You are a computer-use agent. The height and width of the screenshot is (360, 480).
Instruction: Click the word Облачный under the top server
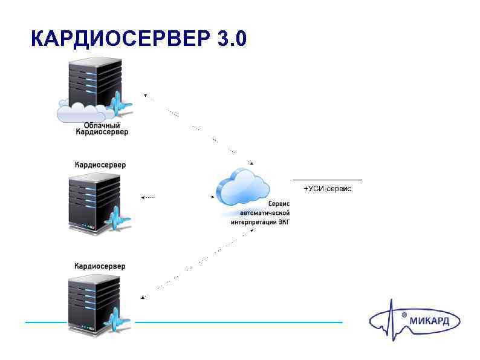102,125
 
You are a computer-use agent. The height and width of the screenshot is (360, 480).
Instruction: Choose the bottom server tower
94,303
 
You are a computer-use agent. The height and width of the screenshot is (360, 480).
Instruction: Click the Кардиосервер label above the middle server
100,165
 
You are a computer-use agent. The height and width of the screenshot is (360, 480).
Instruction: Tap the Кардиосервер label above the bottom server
100,266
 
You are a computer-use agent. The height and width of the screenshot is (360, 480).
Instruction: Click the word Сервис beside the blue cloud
279,205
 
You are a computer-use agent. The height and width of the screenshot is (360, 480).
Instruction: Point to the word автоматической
265,213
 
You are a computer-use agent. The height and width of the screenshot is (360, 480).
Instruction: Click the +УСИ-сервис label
327,189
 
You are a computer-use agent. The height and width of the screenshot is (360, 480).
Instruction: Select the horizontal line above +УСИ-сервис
327,180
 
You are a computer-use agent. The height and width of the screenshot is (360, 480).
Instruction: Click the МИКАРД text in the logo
430,321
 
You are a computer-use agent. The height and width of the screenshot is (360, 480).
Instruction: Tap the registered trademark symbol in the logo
404,315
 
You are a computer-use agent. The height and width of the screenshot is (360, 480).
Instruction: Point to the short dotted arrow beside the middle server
147,197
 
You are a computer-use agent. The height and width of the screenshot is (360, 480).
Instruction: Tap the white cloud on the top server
82,112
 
